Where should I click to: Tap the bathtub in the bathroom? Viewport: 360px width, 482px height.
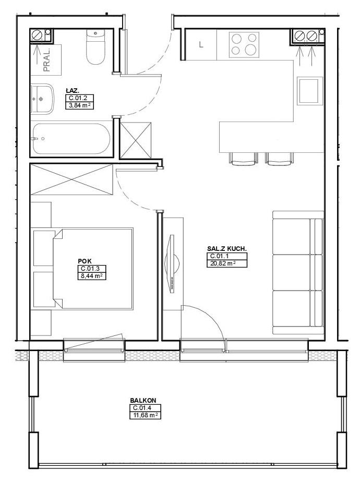(71, 139)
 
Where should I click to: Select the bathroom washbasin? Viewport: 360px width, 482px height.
(42, 99)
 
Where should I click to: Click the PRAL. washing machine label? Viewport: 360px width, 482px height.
(47, 60)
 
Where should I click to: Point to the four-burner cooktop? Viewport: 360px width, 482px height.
(244, 44)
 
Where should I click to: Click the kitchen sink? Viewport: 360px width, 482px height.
(309, 91)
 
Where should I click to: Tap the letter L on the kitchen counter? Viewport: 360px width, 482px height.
(201, 44)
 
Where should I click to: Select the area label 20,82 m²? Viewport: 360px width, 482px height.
(221, 263)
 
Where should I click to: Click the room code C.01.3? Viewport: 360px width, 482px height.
(89, 269)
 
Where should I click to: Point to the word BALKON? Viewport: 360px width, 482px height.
(143, 401)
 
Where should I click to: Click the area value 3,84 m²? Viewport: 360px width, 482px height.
(79, 105)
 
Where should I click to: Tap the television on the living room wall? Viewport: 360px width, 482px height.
(172, 263)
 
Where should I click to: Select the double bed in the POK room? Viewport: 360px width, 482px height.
(93, 268)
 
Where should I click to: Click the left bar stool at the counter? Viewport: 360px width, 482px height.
(243, 159)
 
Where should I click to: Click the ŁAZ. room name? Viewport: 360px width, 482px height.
(73, 91)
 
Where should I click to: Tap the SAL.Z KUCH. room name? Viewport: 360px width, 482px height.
(227, 249)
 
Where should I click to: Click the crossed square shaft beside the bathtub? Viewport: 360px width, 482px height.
(136, 140)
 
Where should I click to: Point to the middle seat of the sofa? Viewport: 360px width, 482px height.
(297, 272)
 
